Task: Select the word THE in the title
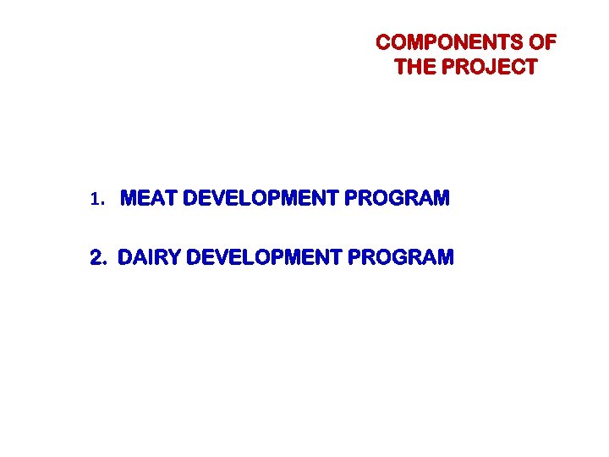click(x=414, y=68)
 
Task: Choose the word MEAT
click(x=150, y=200)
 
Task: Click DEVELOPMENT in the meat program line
click(x=261, y=200)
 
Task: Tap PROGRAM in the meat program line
click(x=398, y=200)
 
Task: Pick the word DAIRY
click(x=149, y=257)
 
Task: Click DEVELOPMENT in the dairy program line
click(x=263, y=257)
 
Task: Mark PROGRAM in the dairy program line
click(x=401, y=257)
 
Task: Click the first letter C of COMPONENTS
click(x=383, y=42)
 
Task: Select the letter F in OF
click(x=551, y=42)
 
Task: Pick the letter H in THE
click(x=414, y=68)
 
